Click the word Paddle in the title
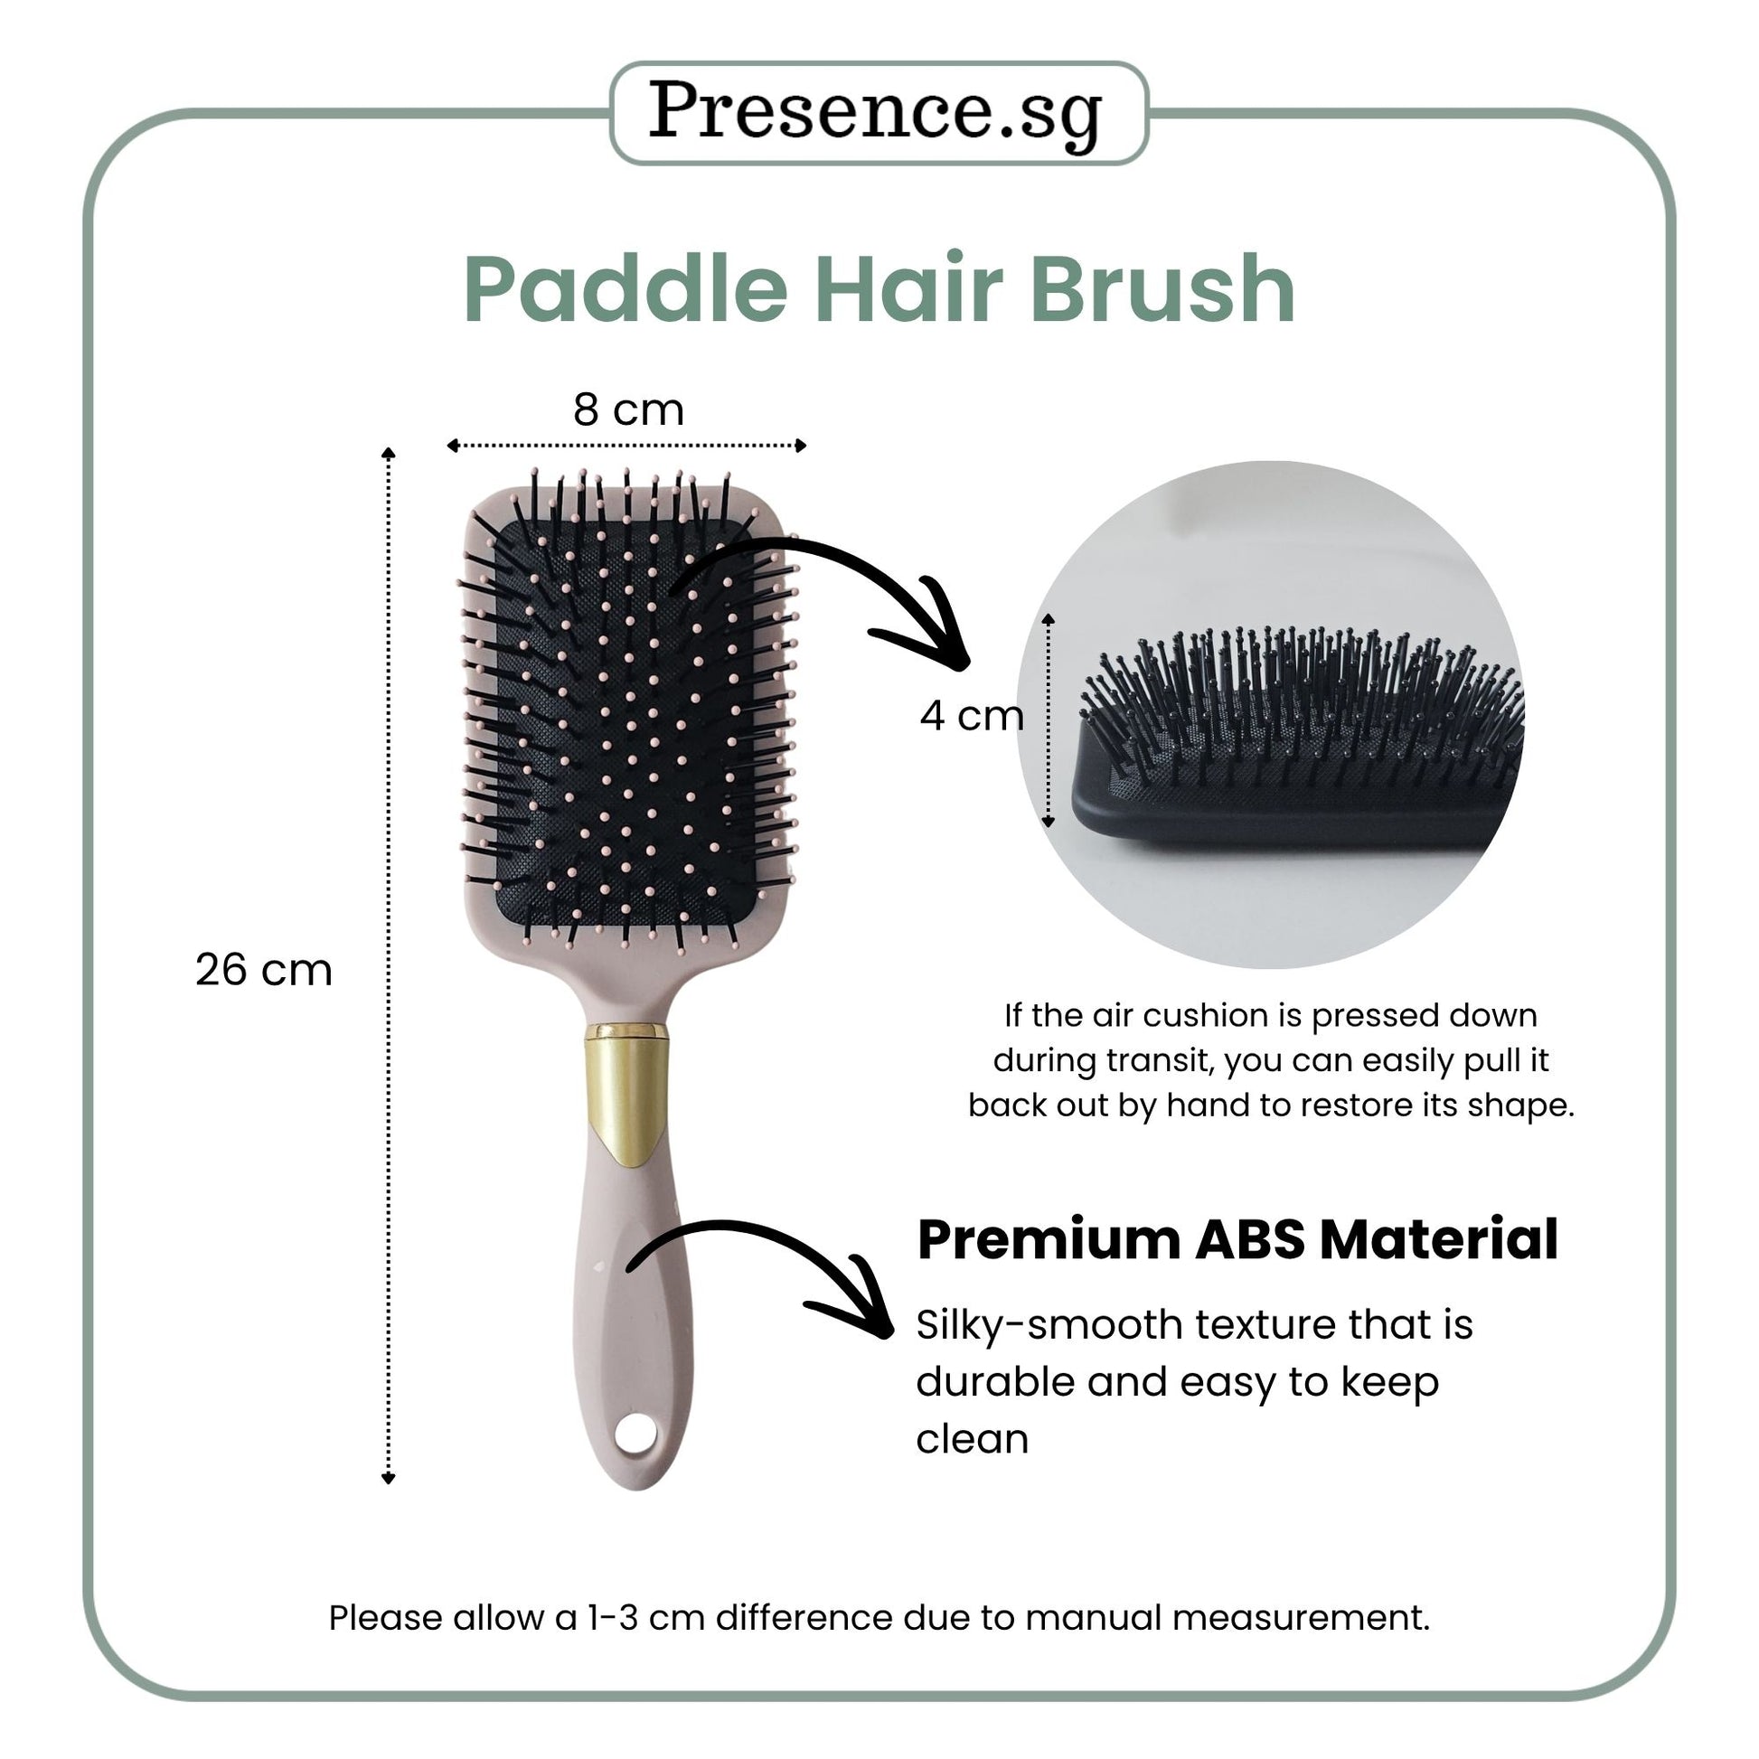[x=626, y=289]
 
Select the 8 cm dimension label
[x=628, y=409]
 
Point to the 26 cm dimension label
[x=264, y=970]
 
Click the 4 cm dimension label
[x=972, y=716]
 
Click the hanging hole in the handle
[x=635, y=1435]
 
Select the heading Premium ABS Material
[x=1237, y=1240]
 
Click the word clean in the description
[x=972, y=1438]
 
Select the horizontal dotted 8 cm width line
[x=626, y=446]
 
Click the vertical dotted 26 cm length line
[x=389, y=966]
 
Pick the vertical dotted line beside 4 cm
[x=1048, y=720]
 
